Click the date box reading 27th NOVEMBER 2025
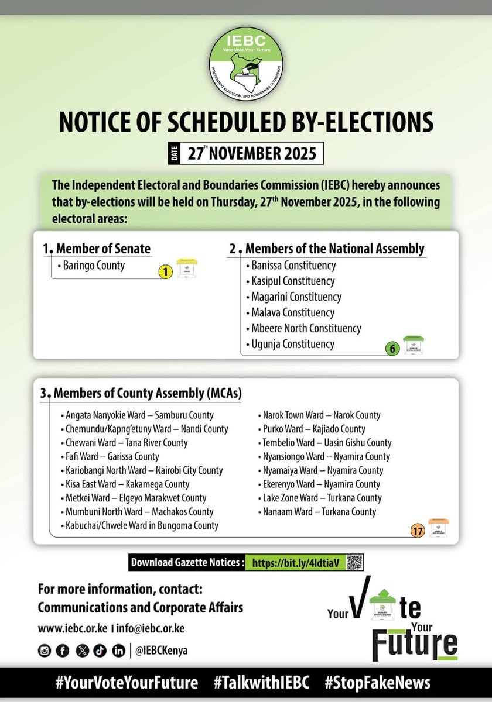point(245,153)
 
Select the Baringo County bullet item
point(91,266)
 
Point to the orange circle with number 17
point(417,531)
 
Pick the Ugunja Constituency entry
point(292,344)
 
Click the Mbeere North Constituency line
point(306,328)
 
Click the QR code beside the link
point(354,562)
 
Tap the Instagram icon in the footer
point(44,651)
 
